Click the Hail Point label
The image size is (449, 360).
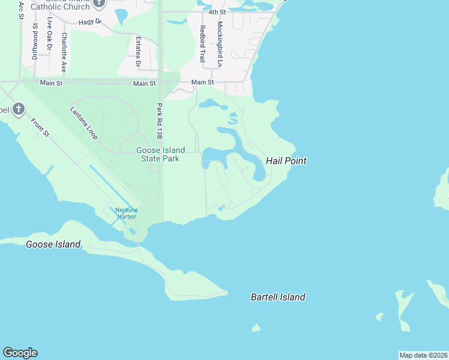point(286,161)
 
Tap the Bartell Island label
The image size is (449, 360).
point(278,297)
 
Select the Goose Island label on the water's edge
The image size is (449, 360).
point(53,244)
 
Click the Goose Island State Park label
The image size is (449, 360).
point(160,155)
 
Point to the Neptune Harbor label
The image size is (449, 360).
point(127,213)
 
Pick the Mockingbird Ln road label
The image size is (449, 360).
point(220,44)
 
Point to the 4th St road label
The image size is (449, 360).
point(217,12)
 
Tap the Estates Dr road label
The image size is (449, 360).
point(138,52)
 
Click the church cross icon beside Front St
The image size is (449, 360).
point(19,109)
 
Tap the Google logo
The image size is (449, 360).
point(20,353)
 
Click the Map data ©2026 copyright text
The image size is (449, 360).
point(424,355)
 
